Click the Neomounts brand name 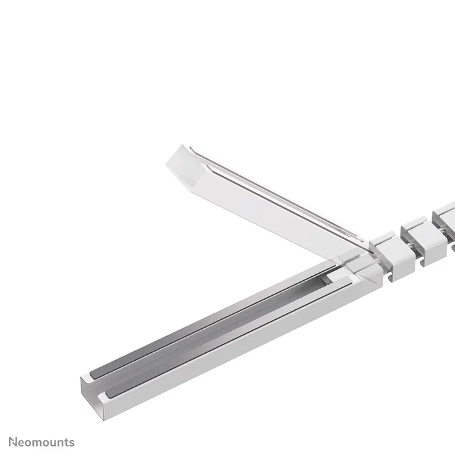pos(42,442)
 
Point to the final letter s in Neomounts pos(71,443)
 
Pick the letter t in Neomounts pos(66,442)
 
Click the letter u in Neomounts pos(54,443)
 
